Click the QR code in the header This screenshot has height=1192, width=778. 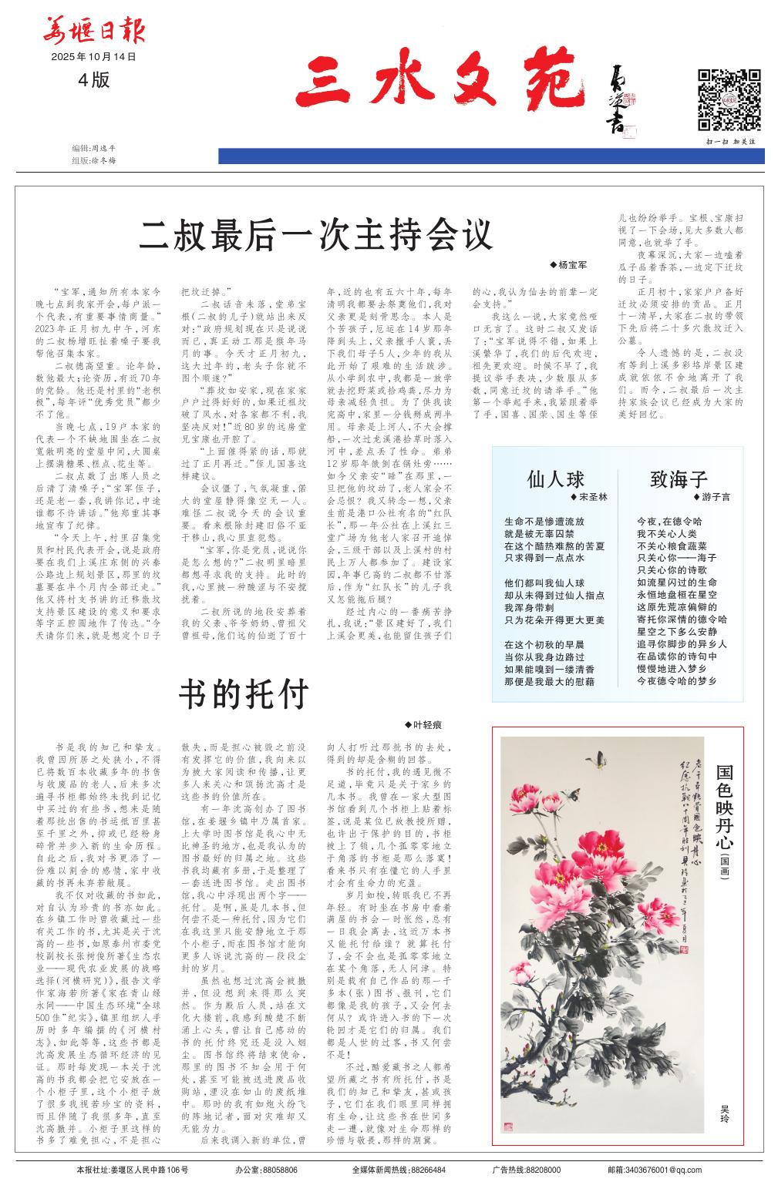(x=729, y=99)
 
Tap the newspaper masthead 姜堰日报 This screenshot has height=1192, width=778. (x=93, y=32)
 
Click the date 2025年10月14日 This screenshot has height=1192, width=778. (x=93, y=57)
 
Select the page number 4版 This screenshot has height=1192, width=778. (x=93, y=79)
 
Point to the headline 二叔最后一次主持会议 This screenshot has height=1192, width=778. (x=315, y=234)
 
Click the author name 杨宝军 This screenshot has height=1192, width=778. (x=571, y=265)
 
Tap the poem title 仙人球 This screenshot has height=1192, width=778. (x=555, y=479)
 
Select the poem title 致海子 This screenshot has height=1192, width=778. (x=679, y=479)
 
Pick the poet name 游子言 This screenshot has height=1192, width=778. (x=716, y=497)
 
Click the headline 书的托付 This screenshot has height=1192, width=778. (x=244, y=693)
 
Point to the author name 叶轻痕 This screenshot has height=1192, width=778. (x=427, y=725)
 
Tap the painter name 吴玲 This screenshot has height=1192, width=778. (x=724, y=1110)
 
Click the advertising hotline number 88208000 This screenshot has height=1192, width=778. (x=544, y=1170)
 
